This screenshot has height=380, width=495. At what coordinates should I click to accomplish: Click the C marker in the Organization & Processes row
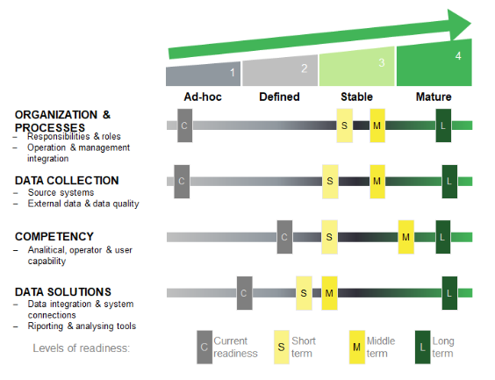coord(184,125)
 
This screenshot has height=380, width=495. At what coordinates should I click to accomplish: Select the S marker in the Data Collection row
coord(330,182)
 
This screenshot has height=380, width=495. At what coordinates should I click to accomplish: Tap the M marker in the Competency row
coord(406,237)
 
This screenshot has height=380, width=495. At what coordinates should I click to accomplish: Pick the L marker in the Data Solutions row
coord(449,293)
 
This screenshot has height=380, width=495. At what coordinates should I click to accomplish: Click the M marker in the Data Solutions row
coord(329,293)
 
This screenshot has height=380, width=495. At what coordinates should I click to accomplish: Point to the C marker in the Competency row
coord(284,237)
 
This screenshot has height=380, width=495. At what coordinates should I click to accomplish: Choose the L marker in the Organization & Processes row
coord(443,125)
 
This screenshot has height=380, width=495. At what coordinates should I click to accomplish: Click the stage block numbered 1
coord(203,74)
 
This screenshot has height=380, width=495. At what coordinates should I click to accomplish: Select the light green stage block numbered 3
coord(356,67)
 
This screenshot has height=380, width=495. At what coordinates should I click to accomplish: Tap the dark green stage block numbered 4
coord(434,62)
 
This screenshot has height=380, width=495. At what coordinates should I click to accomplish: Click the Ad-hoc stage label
coord(203,97)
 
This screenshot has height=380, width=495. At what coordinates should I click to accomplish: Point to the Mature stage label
coord(434,97)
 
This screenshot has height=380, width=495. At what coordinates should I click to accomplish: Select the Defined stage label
coord(279,97)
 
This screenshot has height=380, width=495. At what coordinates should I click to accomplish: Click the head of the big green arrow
coord(458,25)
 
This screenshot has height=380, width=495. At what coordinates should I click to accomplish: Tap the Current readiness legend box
coord(204,348)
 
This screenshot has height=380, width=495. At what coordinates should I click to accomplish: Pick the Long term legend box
coord(423,348)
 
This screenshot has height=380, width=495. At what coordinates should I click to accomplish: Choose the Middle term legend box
coord(357,348)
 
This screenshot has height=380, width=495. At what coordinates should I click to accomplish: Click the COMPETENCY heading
coord(54,237)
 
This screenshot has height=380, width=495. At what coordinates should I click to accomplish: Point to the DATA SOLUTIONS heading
coord(63,292)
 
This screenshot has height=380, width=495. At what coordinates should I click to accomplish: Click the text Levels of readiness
coord(82,348)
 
